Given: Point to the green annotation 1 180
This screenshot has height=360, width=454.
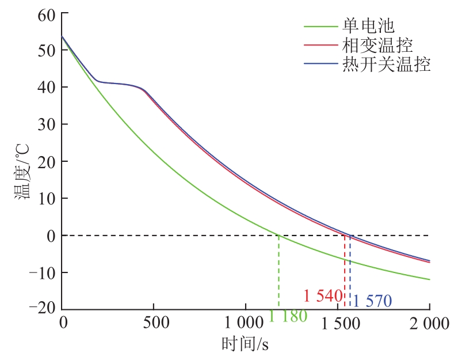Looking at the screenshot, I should pos(288,316).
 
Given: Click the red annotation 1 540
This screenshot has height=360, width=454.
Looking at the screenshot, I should pos(323,296).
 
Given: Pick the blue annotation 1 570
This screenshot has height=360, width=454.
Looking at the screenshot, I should pos(372,301).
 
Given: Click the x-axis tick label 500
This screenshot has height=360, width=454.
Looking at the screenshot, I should pos(154,323).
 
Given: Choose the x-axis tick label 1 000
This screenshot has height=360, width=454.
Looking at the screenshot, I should pos(245,323).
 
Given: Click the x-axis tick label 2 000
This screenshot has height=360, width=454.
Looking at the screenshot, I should pos(429,323).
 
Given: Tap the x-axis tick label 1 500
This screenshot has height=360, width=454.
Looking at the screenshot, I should pos(337,323).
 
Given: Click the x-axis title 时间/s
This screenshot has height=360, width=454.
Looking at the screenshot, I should pos(245,344).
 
